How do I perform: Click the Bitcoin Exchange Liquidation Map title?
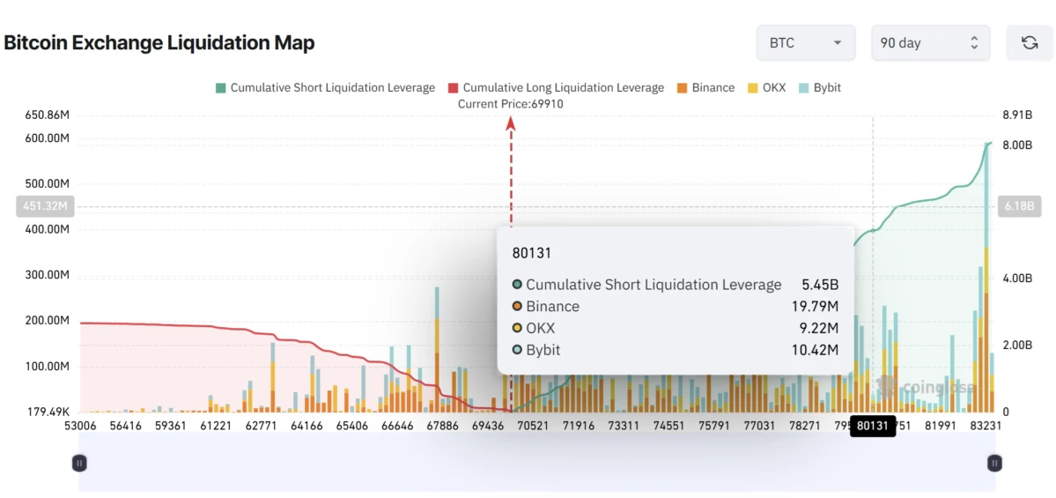tap(159, 42)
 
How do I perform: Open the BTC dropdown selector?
tap(805, 43)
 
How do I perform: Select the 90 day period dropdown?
tap(930, 43)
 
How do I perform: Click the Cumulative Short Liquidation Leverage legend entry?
tap(325, 88)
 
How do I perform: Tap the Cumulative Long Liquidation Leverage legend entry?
tap(556, 88)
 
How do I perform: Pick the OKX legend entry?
tap(768, 88)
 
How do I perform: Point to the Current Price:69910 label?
tap(510, 104)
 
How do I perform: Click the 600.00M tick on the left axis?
tap(48, 138)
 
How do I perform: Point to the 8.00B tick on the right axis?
tap(1017, 145)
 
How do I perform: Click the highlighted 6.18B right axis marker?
tap(1019, 207)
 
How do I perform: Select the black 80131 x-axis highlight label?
tap(872, 426)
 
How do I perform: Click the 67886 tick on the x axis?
tap(443, 426)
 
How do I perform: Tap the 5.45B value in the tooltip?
tap(820, 285)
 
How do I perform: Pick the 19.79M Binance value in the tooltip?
tap(815, 307)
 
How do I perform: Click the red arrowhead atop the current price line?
tap(510, 124)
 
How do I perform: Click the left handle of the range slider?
tap(79, 463)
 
